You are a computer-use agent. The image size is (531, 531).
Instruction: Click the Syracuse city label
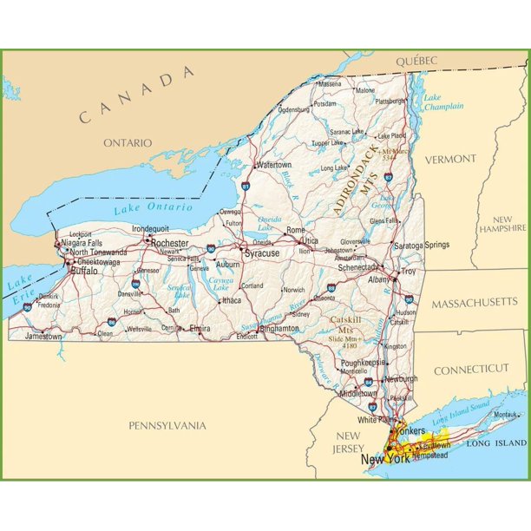pos(262,253)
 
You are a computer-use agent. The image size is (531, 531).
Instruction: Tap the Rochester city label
pos(169,244)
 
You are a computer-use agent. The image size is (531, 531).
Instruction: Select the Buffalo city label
pos(84,271)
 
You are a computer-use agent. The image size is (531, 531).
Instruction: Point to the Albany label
pos(379,280)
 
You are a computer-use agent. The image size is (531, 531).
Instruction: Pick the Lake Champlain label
pos(442,102)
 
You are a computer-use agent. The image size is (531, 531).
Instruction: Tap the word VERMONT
pos(450,159)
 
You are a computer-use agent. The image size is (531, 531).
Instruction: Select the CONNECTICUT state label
pos(471,369)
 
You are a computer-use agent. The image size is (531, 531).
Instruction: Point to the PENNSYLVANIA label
pos(167,425)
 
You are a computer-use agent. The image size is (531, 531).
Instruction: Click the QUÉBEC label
pos(416,61)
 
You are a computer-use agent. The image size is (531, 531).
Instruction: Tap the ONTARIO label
pos(128,142)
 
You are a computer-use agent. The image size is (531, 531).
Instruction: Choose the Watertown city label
pos(273,165)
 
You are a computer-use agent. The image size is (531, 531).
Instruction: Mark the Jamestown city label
pos(43,336)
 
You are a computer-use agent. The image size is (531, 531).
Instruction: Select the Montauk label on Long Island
pos(505,415)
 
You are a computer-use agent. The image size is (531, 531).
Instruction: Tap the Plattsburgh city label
pos(390,101)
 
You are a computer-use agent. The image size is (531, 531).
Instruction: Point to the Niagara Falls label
pos(86,243)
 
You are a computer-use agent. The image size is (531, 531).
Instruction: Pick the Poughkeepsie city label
pos(362,361)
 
